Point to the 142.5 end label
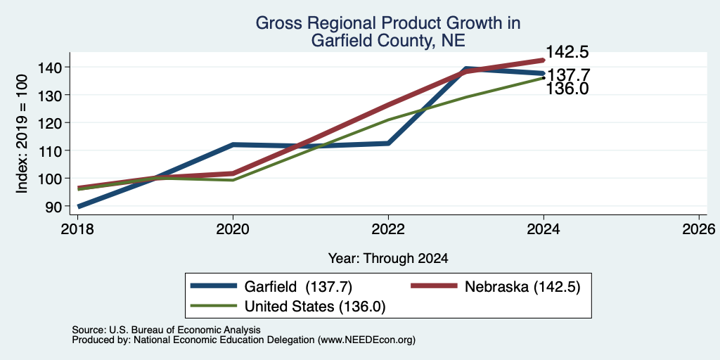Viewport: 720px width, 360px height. (567, 52)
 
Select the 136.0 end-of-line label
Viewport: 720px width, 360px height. (567, 89)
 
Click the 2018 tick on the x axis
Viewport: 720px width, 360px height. (78, 229)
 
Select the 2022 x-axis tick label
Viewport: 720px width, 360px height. (388, 229)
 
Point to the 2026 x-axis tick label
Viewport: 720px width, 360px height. (699, 229)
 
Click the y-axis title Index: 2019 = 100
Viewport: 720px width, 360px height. (22, 134)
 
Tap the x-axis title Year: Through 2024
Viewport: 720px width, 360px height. (388, 259)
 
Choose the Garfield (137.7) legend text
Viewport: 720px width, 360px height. (298, 287)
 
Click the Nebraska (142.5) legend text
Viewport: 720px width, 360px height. (522, 287)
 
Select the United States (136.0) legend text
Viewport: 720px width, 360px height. (314, 307)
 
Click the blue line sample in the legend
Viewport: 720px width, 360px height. (214, 287)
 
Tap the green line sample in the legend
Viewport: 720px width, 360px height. (214, 307)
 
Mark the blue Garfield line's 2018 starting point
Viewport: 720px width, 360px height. (79, 207)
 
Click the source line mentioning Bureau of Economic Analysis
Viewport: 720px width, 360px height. (166, 330)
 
